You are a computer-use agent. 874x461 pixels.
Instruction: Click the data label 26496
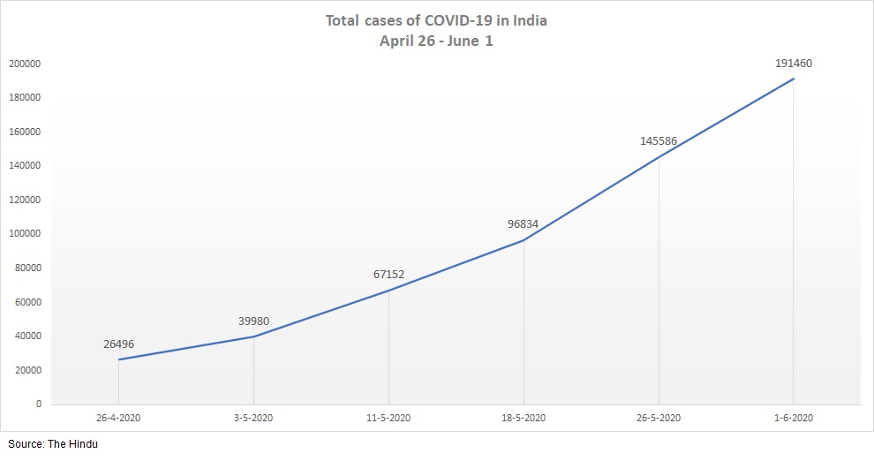coord(118,344)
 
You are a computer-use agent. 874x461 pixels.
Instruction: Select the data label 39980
coord(253,321)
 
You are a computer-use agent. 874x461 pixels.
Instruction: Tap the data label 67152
coord(388,275)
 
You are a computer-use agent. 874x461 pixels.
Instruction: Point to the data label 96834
coord(523,223)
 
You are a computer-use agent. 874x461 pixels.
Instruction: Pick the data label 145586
coord(659,140)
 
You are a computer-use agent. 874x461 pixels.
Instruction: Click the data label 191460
coord(793,64)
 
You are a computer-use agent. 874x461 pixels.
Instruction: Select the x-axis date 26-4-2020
coord(118,418)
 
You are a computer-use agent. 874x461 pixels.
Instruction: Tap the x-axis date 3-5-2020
coord(253,418)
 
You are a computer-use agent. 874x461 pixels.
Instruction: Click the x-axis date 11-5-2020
coord(388,418)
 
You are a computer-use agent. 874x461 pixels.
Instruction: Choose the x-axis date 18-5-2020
coord(524,418)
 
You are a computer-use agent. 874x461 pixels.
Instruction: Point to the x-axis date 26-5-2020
coord(659,418)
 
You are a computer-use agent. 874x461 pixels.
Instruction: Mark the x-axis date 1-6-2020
coord(793,418)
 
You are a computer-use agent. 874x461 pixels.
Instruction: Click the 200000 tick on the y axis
coord(26,64)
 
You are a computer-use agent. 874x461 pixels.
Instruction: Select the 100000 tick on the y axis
coord(26,234)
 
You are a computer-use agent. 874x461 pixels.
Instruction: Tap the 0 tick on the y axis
coord(38,404)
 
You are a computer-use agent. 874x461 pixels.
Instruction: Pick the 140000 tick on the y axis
coord(26,166)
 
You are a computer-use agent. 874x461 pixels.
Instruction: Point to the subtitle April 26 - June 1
coord(436,42)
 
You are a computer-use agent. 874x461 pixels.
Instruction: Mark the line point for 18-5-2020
coord(524,240)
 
